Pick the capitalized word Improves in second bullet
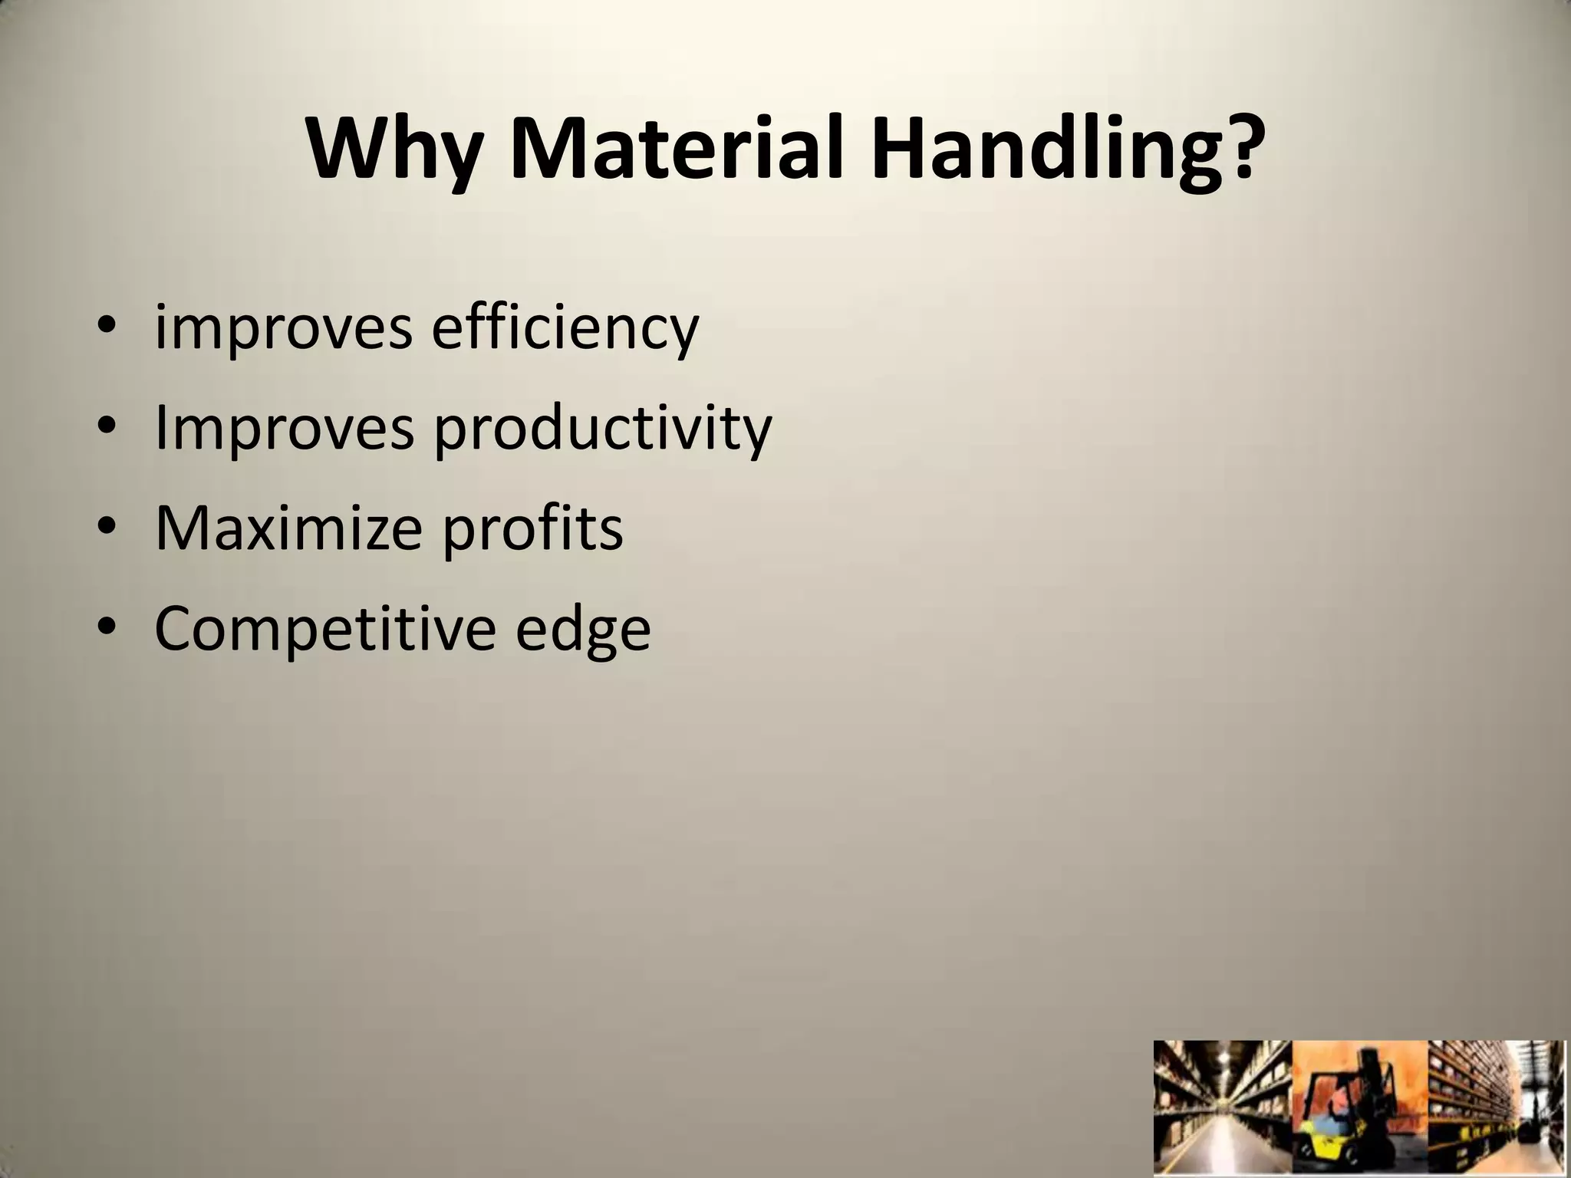284,428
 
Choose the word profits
534,529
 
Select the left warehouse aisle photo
1223,1108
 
